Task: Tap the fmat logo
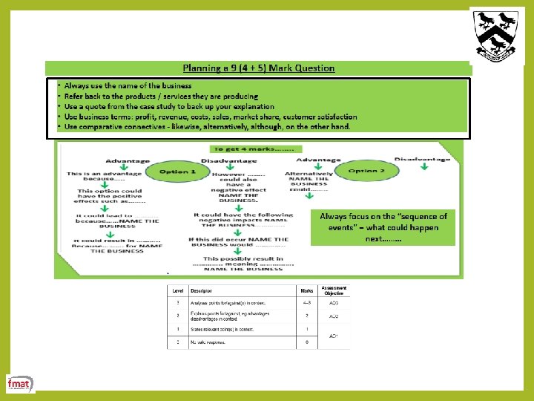coord(19,383)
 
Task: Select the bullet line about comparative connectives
coord(207,127)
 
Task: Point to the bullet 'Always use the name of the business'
coord(128,86)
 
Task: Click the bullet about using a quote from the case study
coord(168,106)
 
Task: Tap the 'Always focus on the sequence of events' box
coord(383,227)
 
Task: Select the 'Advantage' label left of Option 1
coord(128,160)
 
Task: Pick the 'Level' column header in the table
coord(178,290)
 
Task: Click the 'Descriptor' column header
coord(201,290)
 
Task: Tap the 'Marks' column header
coord(306,290)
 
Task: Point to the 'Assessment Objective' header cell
coord(333,290)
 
